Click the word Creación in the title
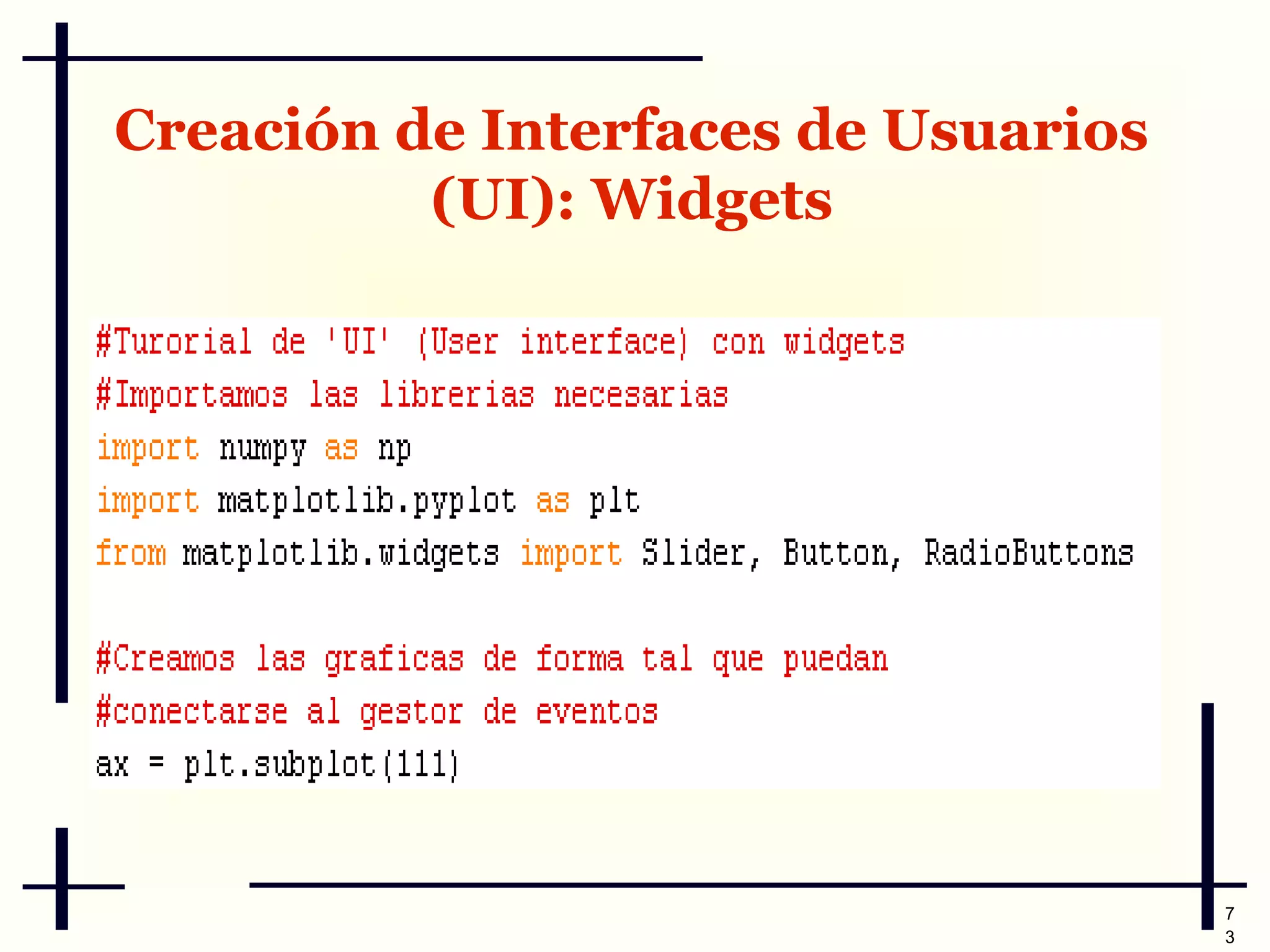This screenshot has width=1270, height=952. coord(246,131)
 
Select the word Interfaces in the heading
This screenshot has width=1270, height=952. coord(630,131)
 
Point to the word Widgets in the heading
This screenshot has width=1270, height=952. coord(713,200)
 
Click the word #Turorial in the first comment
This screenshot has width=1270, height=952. coord(174,342)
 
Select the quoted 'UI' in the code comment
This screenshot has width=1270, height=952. coord(358,342)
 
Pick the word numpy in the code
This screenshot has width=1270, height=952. coord(263,448)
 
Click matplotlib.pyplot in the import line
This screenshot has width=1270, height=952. coord(366,501)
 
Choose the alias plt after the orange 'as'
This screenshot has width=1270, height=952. coord(615,501)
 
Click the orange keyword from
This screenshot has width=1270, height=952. coord(131,553)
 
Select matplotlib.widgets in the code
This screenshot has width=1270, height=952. coord(340,553)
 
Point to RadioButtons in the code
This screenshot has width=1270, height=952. coord(1029,553)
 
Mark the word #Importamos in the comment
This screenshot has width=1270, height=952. coord(192,395)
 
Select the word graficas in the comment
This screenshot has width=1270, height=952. coord(394,659)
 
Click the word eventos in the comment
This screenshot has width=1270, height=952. coord(597,712)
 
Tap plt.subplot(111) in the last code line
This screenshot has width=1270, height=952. coord(321,765)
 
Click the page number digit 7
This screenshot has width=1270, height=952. coord(1230,914)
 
